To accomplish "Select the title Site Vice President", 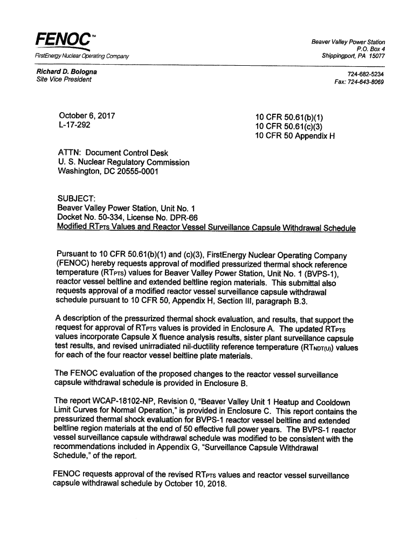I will point(64,80).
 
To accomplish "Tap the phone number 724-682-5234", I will point(365,73).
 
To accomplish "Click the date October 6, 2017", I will point(86,116).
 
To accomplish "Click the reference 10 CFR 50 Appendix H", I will point(295,135).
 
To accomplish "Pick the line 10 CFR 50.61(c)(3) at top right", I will point(288,126).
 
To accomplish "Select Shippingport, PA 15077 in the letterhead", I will point(353,56).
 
